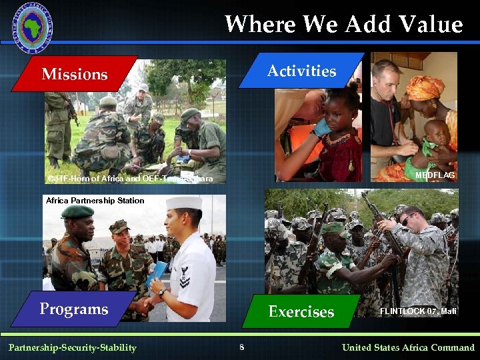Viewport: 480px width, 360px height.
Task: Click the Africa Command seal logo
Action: (x=32, y=27)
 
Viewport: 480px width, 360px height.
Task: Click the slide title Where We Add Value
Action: (x=343, y=25)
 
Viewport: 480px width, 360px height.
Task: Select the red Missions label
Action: (x=74, y=74)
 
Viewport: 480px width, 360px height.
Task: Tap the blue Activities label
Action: (x=301, y=71)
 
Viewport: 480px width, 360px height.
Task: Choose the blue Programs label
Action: (x=73, y=309)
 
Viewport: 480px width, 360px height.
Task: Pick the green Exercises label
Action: (x=301, y=311)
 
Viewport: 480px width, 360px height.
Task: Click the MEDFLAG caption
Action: (x=435, y=175)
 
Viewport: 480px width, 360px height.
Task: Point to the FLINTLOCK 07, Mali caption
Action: (x=418, y=311)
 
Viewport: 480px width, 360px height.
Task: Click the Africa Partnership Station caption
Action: (x=95, y=200)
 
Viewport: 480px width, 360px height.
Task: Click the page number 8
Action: (x=242, y=347)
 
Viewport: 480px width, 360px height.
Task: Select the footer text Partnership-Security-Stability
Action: (x=72, y=347)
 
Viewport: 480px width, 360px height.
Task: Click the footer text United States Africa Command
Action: (x=408, y=347)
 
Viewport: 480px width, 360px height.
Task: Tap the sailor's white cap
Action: (x=183, y=203)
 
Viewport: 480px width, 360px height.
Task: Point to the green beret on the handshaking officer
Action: (x=77, y=212)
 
